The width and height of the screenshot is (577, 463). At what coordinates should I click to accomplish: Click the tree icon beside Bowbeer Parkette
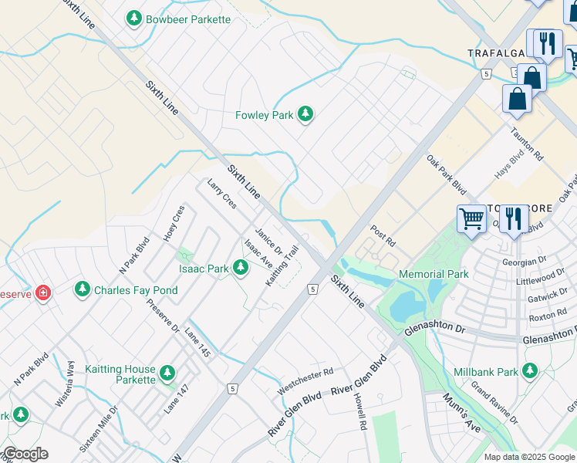(x=134, y=18)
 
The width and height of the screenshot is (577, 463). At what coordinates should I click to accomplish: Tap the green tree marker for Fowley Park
(x=305, y=115)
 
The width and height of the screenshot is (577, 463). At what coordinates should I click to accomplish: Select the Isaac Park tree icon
(x=241, y=269)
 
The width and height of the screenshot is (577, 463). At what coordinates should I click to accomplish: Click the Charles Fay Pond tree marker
(x=82, y=290)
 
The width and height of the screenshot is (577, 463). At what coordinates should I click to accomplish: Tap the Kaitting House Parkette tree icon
(x=167, y=375)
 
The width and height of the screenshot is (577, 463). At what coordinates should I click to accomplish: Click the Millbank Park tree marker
(x=530, y=372)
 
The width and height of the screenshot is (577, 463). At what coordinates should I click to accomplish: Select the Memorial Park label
(x=434, y=274)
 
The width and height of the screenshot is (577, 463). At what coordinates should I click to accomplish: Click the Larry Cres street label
(x=222, y=194)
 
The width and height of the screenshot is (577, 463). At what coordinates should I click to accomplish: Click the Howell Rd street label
(x=358, y=411)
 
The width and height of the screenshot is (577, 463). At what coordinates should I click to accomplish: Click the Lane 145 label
(x=197, y=342)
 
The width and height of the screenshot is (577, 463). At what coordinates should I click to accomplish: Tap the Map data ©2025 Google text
(x=528, y=457)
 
